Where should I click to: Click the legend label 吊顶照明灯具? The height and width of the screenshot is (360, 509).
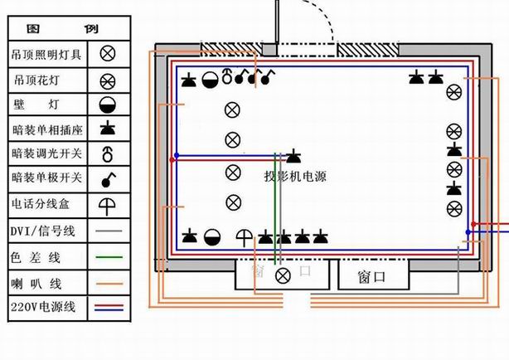click(x=46, y=54)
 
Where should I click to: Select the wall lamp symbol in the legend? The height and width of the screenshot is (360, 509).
click(x=108, y=105)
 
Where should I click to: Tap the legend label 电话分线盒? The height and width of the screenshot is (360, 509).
click(x=41, y=204)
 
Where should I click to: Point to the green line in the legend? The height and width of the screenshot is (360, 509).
click(x=109, y=257)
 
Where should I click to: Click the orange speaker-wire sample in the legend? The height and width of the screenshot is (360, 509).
click(x=109, y=284)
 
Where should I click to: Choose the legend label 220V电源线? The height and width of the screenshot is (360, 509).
click(x=43, y=307)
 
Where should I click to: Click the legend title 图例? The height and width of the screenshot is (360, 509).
click(x=62, y=29)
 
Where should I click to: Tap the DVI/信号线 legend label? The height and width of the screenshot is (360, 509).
click(x=43, y=231)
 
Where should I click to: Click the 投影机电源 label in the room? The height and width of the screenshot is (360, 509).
click(x=295, y=177)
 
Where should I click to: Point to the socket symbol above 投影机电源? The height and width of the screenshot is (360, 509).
click(x=293, y=156)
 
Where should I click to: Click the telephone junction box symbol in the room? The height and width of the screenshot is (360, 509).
click(x=244, y=238)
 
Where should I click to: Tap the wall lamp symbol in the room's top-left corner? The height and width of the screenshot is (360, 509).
click(x=210, y=80)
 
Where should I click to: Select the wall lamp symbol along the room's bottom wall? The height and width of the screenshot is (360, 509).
click(x=212, y=237)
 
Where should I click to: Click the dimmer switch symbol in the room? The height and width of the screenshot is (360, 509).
click(x=227, y=76)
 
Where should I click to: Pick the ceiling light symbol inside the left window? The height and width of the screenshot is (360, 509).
click(x=283, y=276)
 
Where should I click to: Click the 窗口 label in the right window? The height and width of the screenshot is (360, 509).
click(x=371, y=277)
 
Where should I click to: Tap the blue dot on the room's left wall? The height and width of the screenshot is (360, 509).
click(x=177, y=155)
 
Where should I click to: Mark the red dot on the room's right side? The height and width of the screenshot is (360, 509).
click(x=473, y=224)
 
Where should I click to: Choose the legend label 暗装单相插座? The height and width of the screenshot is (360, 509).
click(x=47, y=130)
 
